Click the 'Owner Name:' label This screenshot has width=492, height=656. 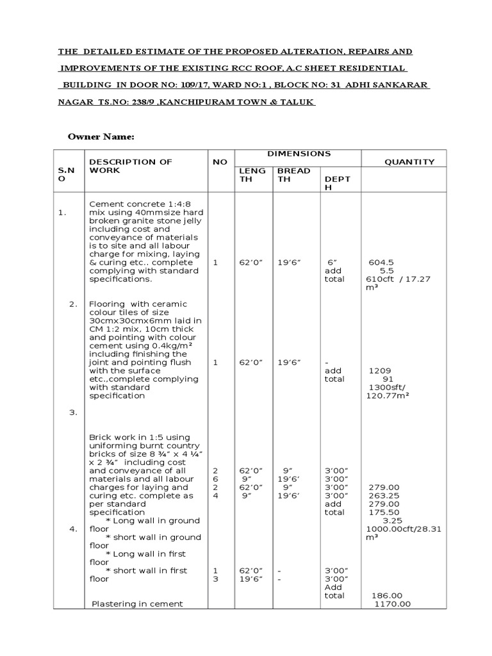pos(101,137)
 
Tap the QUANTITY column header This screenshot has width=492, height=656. pos(409,162)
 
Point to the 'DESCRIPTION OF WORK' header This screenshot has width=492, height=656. pos(131,166)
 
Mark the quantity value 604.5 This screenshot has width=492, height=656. pos(381,263)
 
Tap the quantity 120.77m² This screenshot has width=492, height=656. pos(387,396)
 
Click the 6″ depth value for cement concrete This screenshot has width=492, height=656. pos(331,263)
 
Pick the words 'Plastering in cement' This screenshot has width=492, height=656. pos(138,604)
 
